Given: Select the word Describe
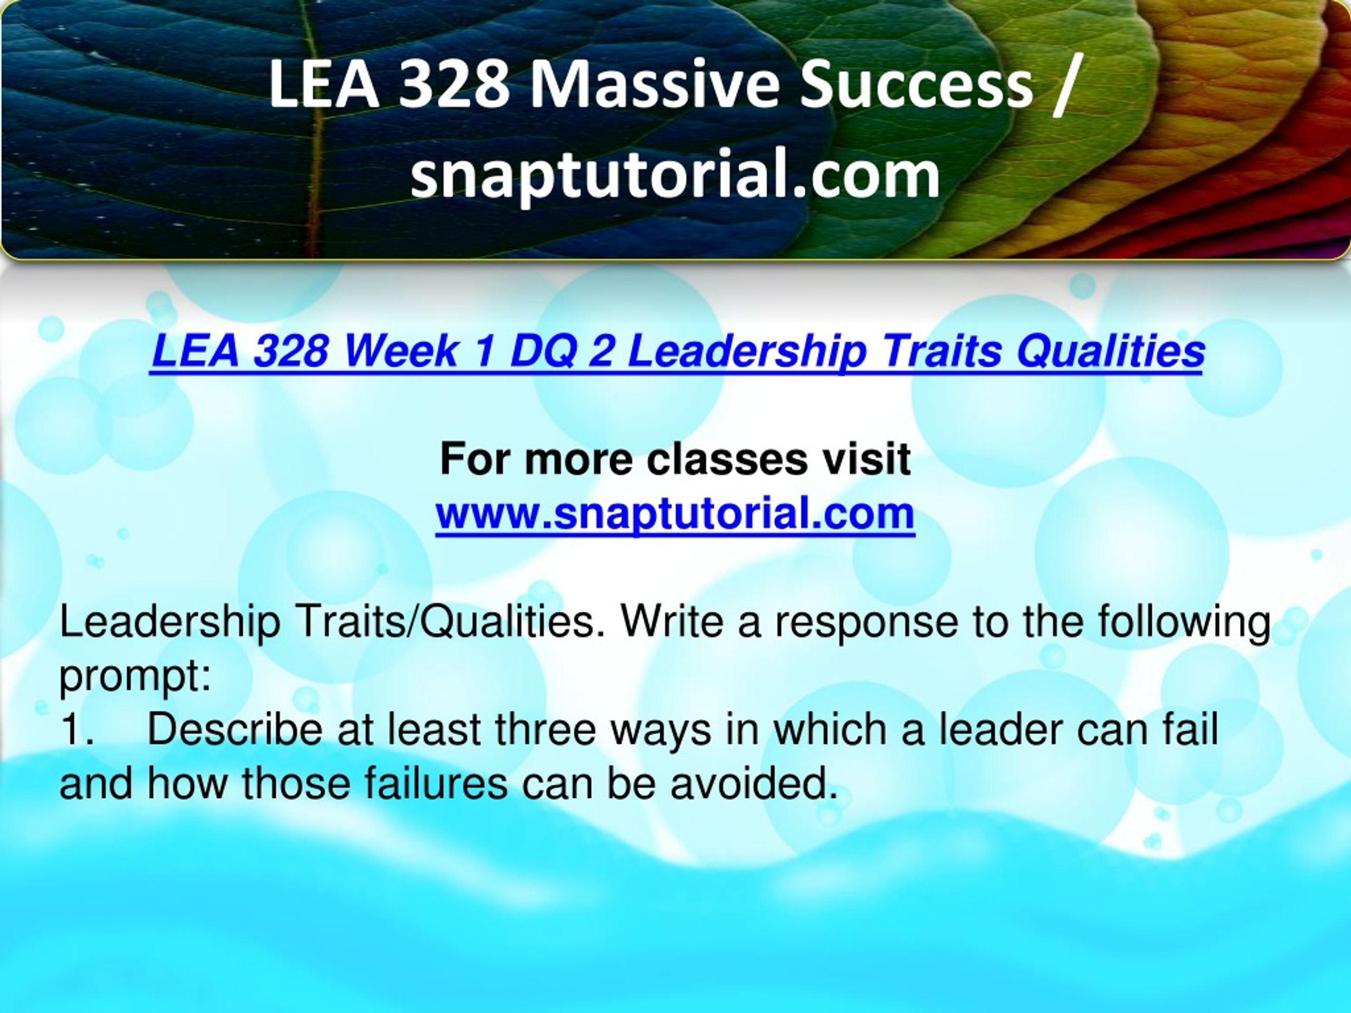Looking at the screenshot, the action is tap(234, 730).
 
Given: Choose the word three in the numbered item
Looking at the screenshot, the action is tap(545, 730).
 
